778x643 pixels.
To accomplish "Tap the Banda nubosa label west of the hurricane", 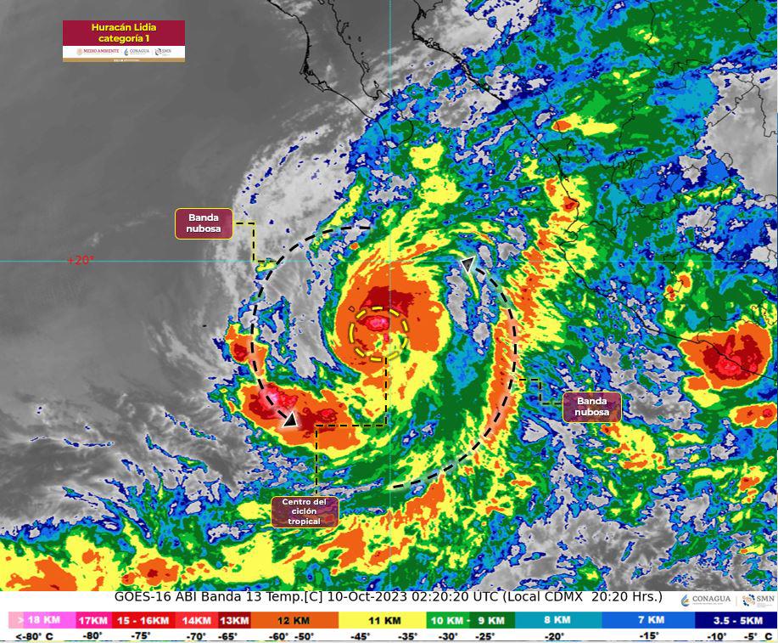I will pyautogui.click(x=204, y=223).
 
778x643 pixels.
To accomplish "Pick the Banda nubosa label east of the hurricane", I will pyautogui.click(x=591, y=407).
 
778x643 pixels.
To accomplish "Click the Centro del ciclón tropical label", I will pyautogui.click(x=305, y=512).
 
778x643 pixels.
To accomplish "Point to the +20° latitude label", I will pyautogui.click(x=81, y=261).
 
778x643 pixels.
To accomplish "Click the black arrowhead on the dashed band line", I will pyautogui.click(x=290, y=418).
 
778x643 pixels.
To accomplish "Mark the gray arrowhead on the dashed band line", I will pyautogui.click(x=467, y=266).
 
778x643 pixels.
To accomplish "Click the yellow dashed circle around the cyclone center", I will pyautogui.click(x=379, y=334).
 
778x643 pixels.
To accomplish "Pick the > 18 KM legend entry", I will pyautogui.click(x=37, y=622).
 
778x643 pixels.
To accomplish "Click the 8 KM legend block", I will pyautogui.click(x=557, y=622).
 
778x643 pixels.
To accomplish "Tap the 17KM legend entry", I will pyautogui.click(x=93, y=622).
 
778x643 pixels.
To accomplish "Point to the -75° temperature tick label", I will pyautogui.click(x=141, y=636).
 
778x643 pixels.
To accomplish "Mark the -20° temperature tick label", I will pyautogui.click(x=556, y=636).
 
